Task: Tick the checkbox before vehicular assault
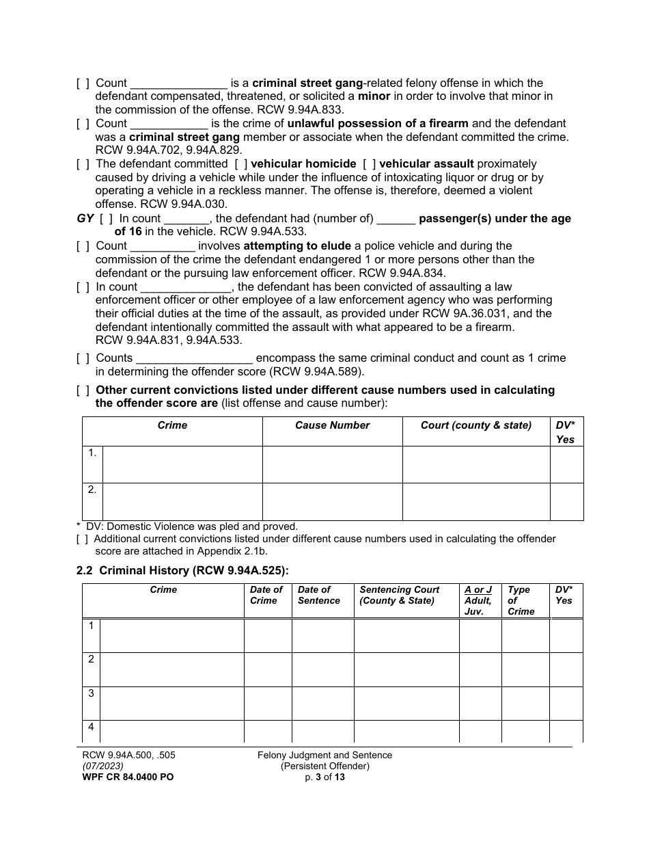(x=369, y=164)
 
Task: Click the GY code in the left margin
(x=85, y=219)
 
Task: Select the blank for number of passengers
(x=396, y=219)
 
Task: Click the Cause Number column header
(x=332, y=425)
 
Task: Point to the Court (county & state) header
(x=475, y=425)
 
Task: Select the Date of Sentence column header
(x=318, y=595)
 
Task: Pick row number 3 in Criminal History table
(x=91, y=693)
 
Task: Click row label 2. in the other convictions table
(x=92, y=490)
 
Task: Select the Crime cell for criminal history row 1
(x=171, y=635)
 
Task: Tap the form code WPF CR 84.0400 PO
(x=125, y=777)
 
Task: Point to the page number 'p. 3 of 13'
(x=324, y=777)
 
